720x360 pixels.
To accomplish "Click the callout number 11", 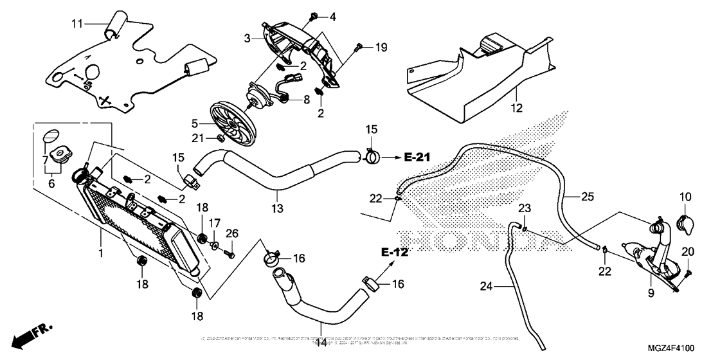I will tap(77, 24).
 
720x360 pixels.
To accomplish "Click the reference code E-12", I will tap(394, 252).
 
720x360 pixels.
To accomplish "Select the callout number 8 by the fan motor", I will tap(306, 99).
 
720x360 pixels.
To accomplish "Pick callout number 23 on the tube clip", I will tap(525, 208).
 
